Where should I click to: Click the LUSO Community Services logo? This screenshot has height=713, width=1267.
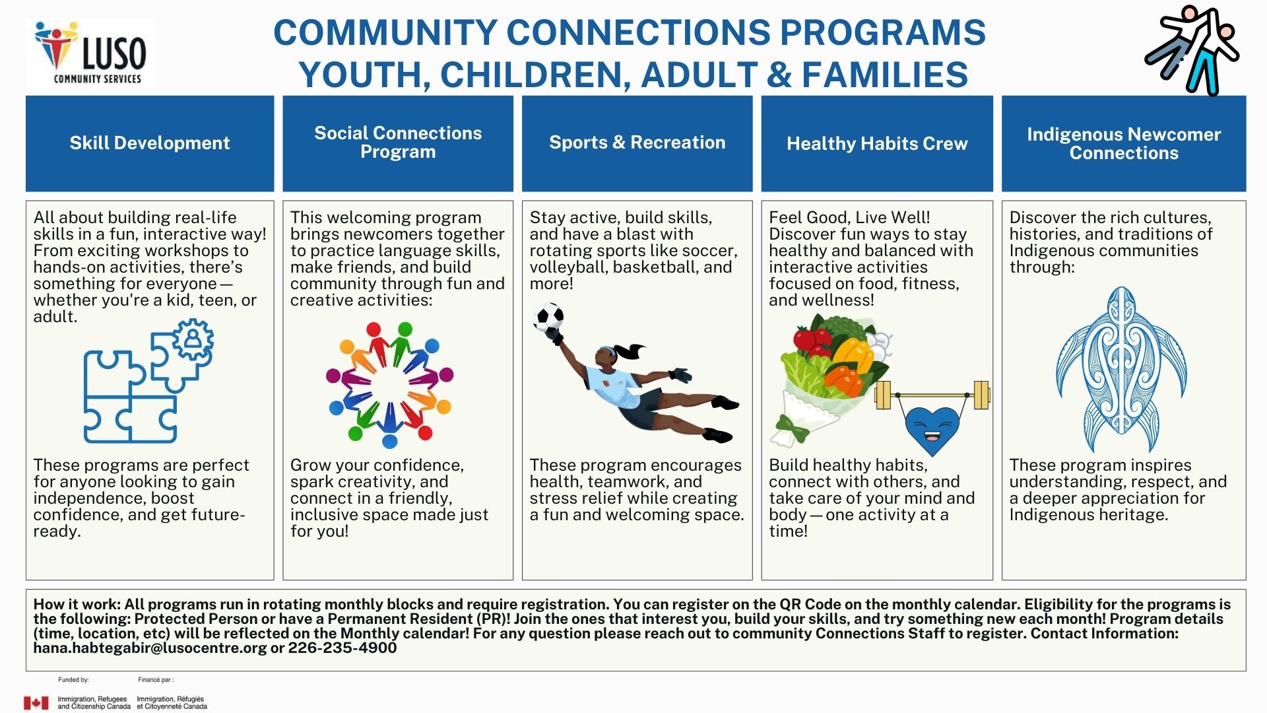point(91,53)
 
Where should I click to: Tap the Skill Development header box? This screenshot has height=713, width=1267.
point(150,143)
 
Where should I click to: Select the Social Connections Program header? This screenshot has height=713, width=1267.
point(398,143)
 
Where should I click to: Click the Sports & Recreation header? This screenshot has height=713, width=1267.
point(637,143)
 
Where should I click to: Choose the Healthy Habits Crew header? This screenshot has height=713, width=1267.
point(877,143)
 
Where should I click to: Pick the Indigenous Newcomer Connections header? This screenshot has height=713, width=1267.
point(1124,143)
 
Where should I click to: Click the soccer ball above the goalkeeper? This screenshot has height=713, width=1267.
point(548,318)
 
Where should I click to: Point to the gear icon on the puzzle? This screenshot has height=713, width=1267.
point(193,339)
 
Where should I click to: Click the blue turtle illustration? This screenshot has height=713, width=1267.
point(1121,370)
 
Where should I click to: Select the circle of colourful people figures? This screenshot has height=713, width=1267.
point(390,385)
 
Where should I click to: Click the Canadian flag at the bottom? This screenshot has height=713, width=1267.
point(36,703)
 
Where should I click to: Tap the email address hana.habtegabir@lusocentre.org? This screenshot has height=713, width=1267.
point(150,648)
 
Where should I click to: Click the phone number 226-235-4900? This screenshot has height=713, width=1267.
point(342,648)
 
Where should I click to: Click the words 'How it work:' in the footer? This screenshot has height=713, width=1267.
point(77,604)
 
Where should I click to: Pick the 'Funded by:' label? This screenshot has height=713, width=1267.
point(73,679)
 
